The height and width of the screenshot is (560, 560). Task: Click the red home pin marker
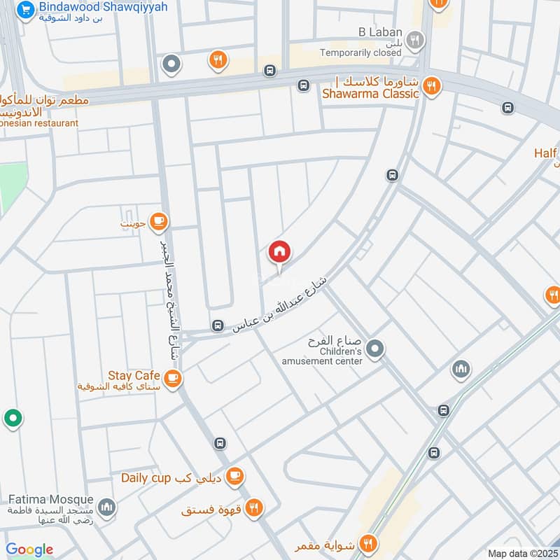point(279,253)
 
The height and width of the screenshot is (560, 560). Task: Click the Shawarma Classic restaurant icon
point(431,86)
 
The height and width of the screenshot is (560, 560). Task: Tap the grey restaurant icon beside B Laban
point(415,41)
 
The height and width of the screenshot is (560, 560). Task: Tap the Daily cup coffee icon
point(235,476)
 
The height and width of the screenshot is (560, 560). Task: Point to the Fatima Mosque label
point(50,500)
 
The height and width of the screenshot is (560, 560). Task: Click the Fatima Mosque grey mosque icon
point(106,507)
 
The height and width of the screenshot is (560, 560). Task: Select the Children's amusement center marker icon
point(376,348)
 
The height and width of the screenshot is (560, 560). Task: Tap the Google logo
point(29,549)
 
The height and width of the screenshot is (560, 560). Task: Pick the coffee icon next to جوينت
point(160,222)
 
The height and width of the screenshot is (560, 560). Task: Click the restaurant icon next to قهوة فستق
point(254,508)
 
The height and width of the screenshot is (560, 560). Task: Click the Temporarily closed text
point(361,52)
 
